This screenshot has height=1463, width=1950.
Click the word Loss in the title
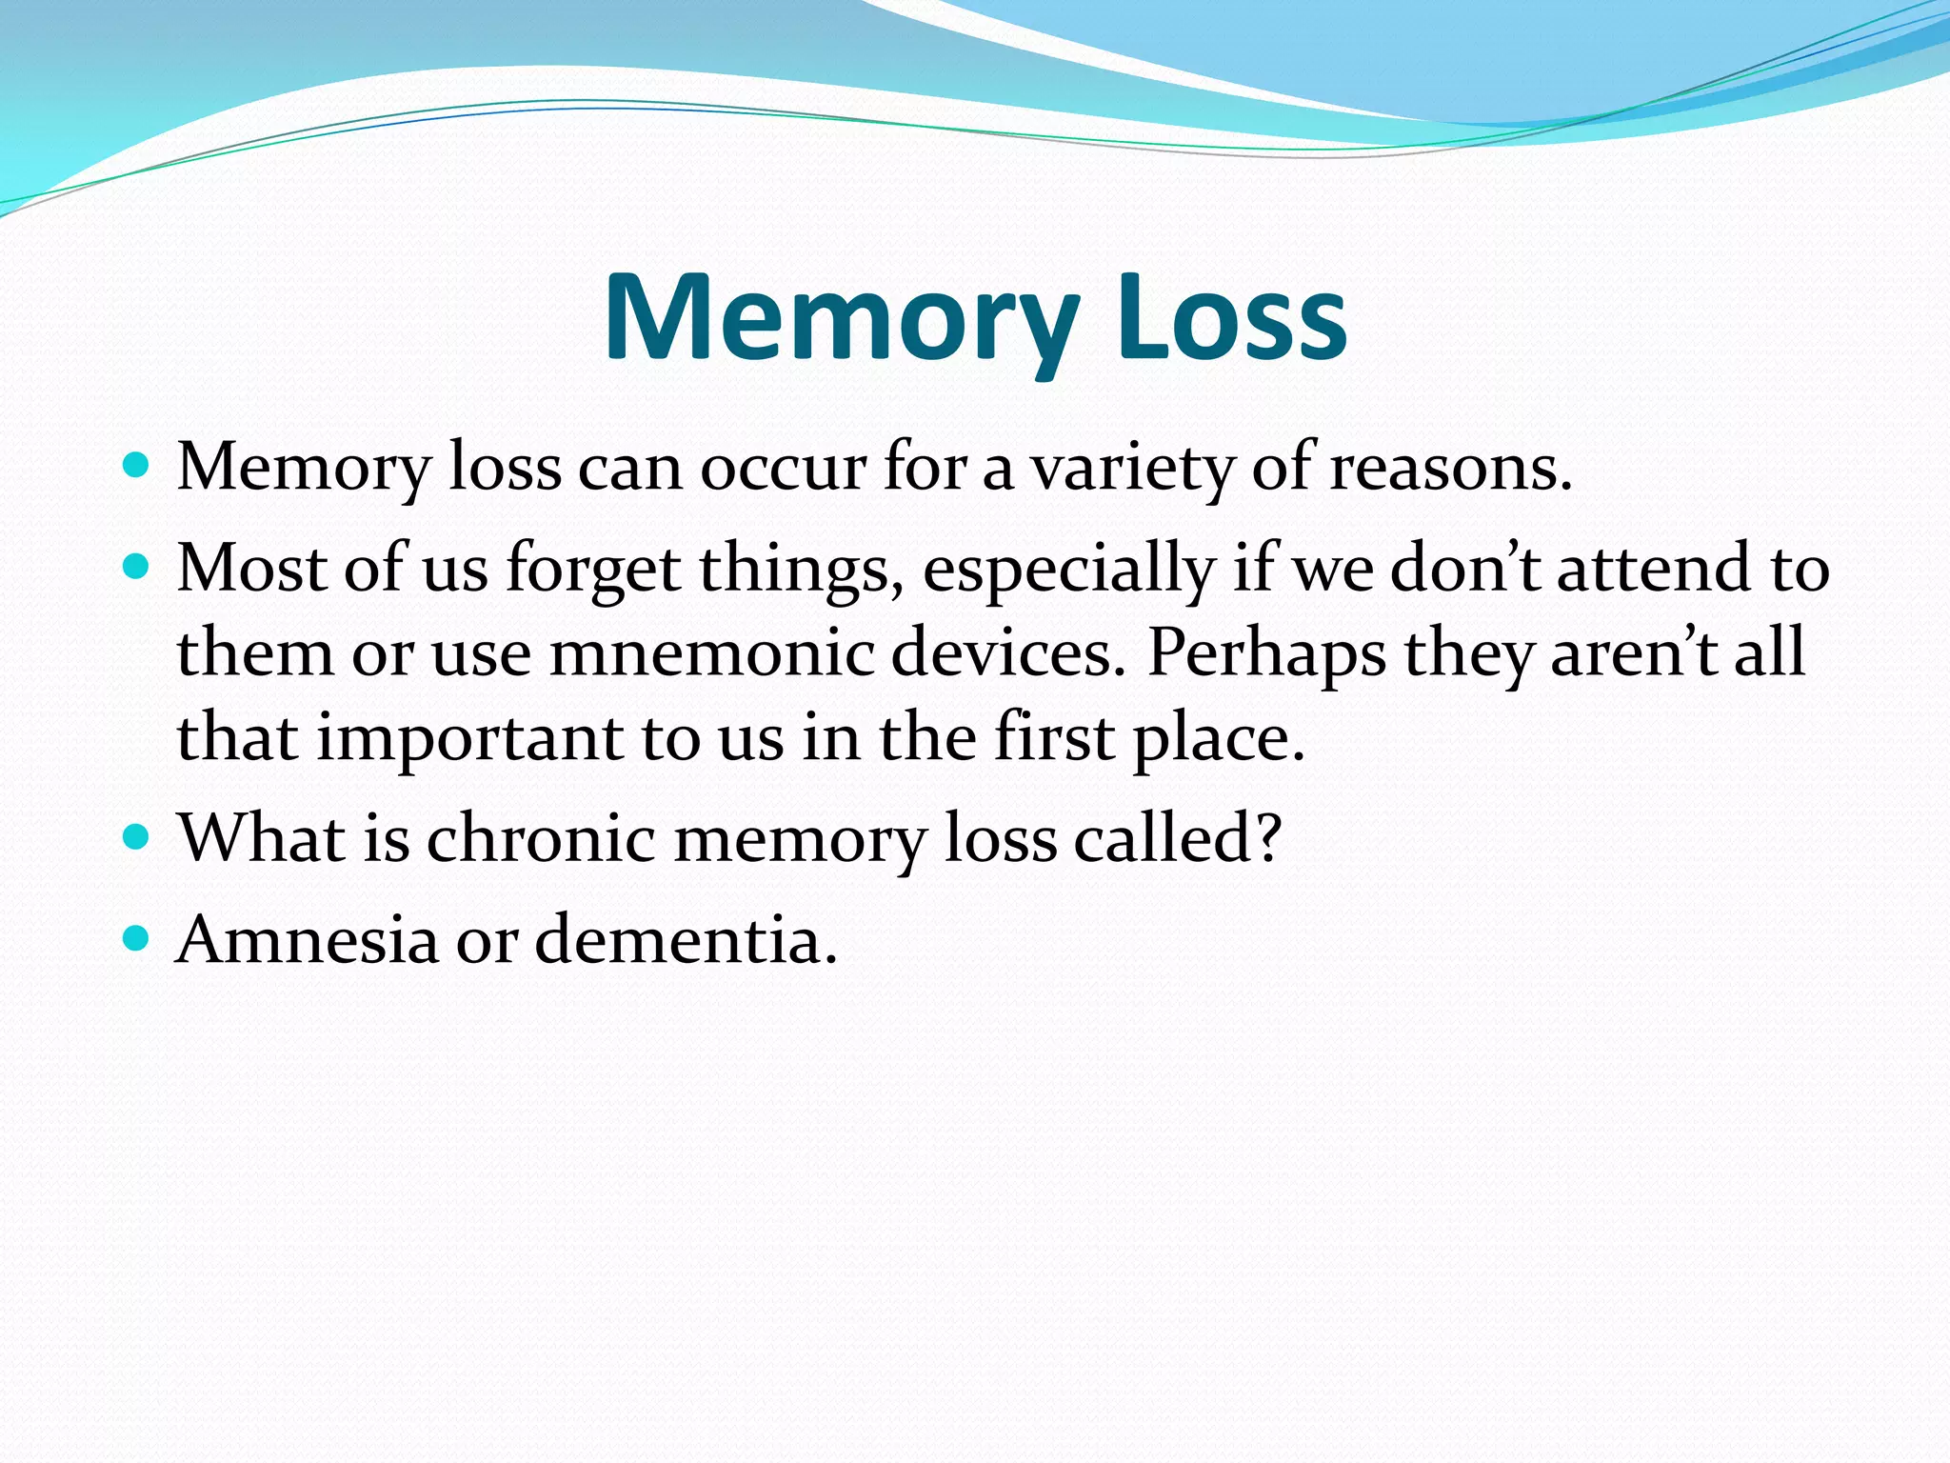pos(1232,318)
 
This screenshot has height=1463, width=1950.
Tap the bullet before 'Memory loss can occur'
pos(137,466)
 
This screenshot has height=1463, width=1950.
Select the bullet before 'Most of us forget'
pos(137,568)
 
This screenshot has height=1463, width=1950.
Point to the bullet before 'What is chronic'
pos(137,837)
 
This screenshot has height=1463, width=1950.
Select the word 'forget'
pos(593,570)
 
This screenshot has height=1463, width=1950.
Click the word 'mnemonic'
pos(711,653)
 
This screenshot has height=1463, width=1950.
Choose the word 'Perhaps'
pos(1266,655)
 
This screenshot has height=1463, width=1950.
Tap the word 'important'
pos(469,739)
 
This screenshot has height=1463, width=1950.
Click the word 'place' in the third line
pos(1219,739)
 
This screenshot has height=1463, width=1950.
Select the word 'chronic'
pos(541,838)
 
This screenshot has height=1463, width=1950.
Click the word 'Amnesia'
pos(308,939)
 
